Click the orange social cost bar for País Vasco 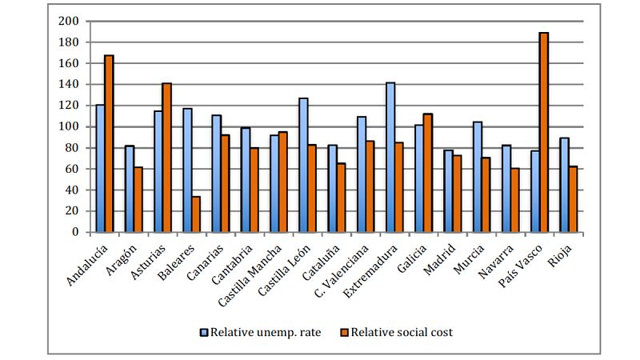(544, 132)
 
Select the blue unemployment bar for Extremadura (390, 157)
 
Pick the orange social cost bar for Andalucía (109, 144)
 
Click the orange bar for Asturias (167, 158)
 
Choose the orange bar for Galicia (428, 173)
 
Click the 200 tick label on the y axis (70, 21)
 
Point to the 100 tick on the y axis (70, 126)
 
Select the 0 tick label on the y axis (76, 232)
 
